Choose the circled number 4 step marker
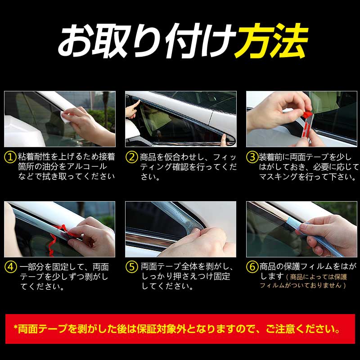coord(10,267)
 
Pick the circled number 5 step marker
coord(131,267)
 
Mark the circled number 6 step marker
coord(252,267)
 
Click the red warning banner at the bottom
coord(180,328)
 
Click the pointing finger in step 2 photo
coord(132,109)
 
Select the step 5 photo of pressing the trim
coord(180,229)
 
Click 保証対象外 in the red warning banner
coord(189,329)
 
